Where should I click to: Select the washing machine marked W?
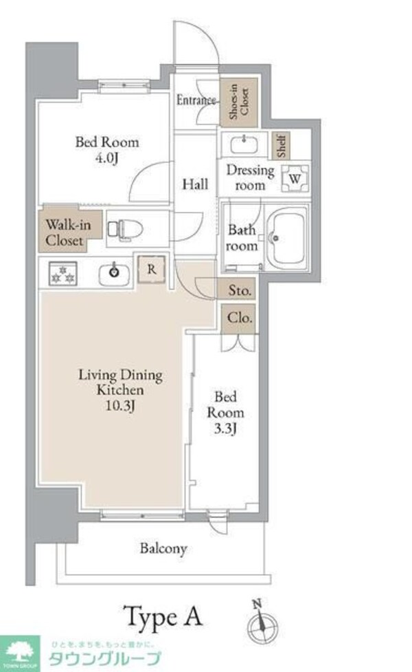(x=295, y=178)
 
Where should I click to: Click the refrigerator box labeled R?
(x=152, y=270)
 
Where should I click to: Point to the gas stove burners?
(x=63, y=274)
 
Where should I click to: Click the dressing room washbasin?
(x=244, y=144)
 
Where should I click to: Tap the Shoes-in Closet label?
(x=239, y=102)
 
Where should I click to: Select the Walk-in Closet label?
(x=68, y=232)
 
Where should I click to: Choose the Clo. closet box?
(x=239, y=318)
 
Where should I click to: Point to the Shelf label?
(x=282, y=146)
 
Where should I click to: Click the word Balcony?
(x=163, y=549)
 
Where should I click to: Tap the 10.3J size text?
(x=120, y=405)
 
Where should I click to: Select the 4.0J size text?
(x=106, y=158)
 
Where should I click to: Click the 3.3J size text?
(x=225, y=428)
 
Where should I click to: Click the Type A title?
(x=163, y=617)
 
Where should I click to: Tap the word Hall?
(x=195, y=184)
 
